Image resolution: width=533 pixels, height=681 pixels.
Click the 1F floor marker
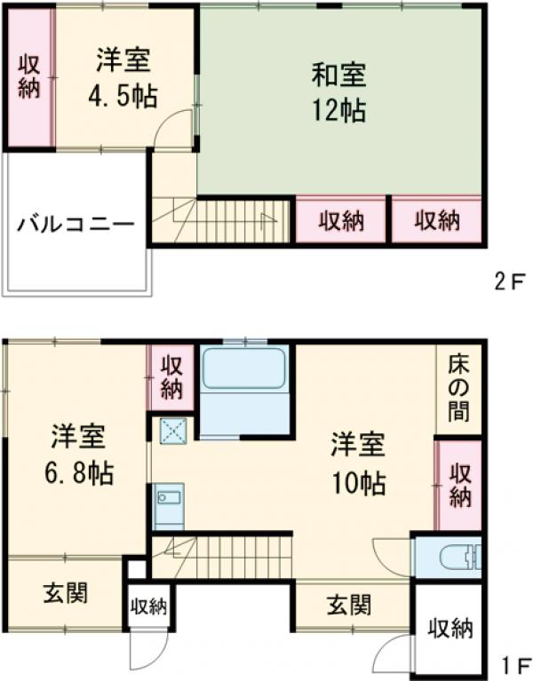coord(510,662)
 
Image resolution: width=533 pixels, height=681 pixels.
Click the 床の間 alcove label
coord(458,388)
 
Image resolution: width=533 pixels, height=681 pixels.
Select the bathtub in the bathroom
coord(244,368)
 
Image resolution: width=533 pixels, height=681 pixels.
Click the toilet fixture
coord(460,558)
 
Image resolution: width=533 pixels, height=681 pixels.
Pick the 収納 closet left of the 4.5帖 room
coord(29,79)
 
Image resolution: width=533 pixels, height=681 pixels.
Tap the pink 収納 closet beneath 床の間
coord(458,485)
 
